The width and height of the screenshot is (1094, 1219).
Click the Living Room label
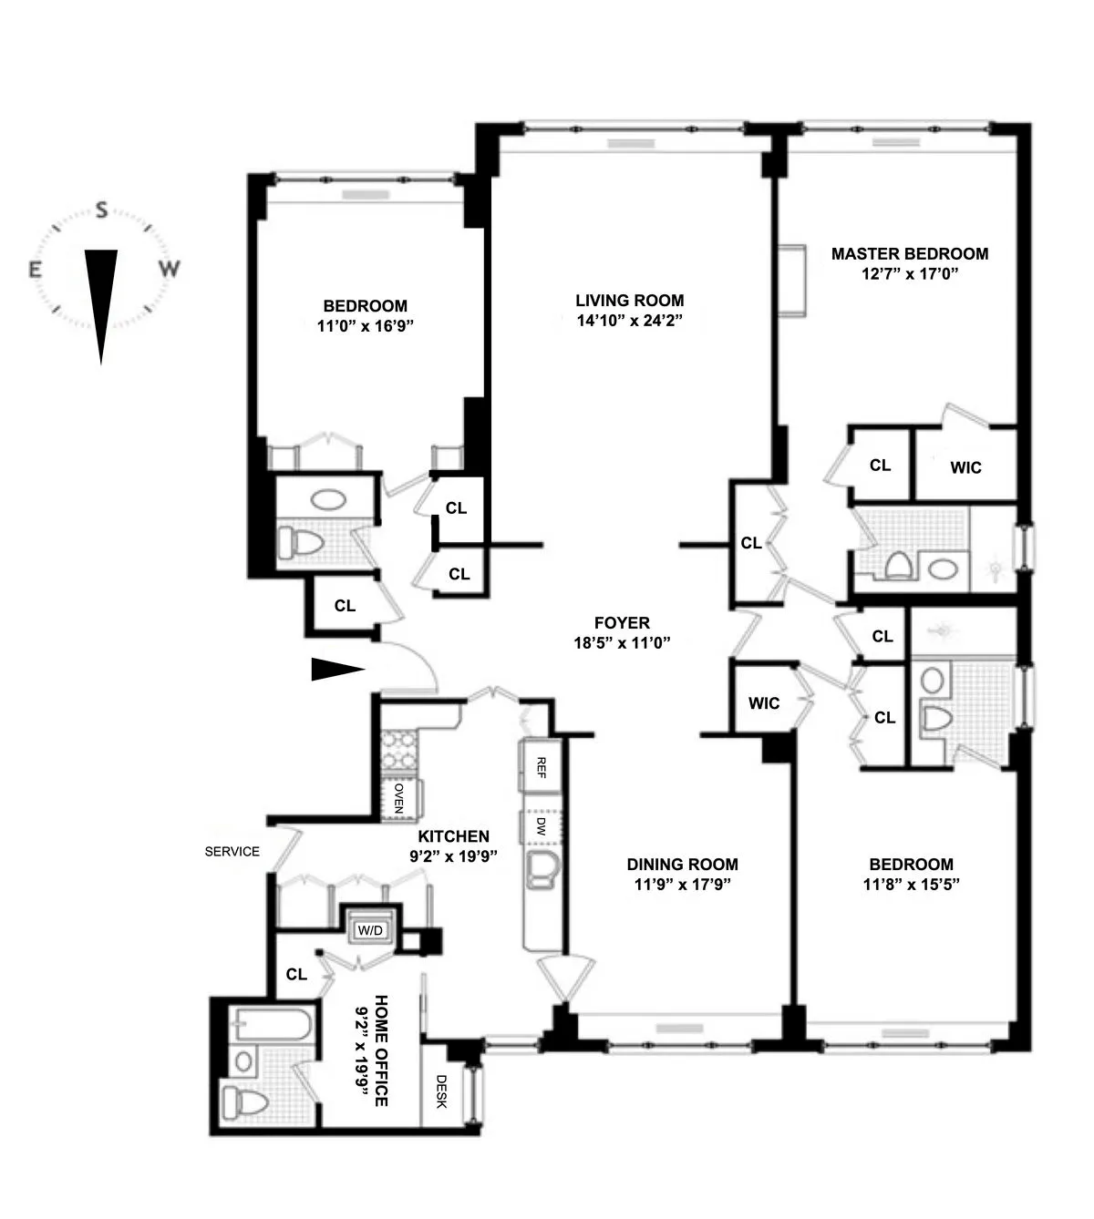click(x=629, y=301)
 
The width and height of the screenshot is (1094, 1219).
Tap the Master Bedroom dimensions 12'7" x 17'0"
click(x=909, y=273)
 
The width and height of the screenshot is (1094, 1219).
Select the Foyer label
click(x=622, y=623)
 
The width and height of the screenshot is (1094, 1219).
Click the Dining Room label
click(x=682, y=865)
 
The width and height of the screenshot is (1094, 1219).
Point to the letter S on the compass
click(x=103, y=211)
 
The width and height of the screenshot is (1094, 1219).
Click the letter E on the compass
click(x=35, y=270)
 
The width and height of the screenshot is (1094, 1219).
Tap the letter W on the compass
click(x=170, y=270)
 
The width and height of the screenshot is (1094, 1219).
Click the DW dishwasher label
click(x=540, y=827)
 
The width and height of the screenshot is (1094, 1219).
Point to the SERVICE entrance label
click(x=232, y=852)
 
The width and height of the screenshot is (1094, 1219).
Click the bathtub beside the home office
click(x=271, y=1026)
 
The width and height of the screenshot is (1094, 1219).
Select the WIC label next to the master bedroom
click(x=965, y=467)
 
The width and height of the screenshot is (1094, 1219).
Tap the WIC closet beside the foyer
click(x=763, y=703)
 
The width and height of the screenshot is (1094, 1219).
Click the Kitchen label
click(x=453, y=836)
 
